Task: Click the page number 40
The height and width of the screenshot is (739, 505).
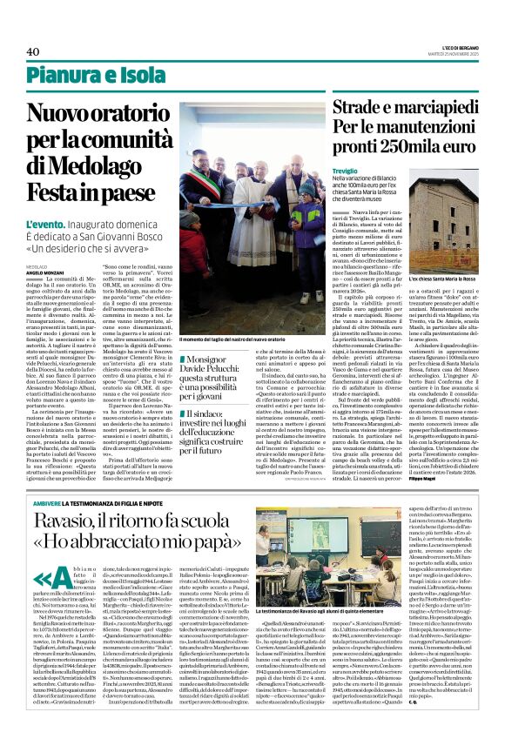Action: [x=34, y=51]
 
